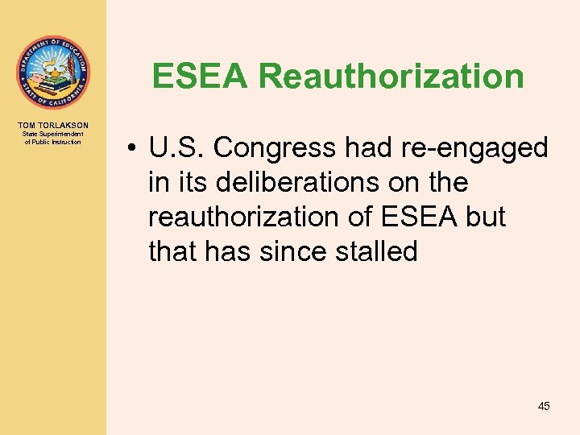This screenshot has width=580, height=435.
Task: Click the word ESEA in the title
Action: [x=201, y=77]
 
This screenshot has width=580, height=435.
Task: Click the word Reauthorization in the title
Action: [x=391, y=77]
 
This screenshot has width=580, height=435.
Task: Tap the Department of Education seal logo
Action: [x=53, y=72]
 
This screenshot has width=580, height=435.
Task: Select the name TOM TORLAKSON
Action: [x=53, y=125]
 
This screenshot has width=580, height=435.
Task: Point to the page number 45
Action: [x=544, y=406]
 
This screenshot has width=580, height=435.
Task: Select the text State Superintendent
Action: [x=53, y=135]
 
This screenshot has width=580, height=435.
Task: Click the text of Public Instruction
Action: [x=53, y=142]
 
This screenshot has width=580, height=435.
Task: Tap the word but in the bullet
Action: [x=484, y=217]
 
